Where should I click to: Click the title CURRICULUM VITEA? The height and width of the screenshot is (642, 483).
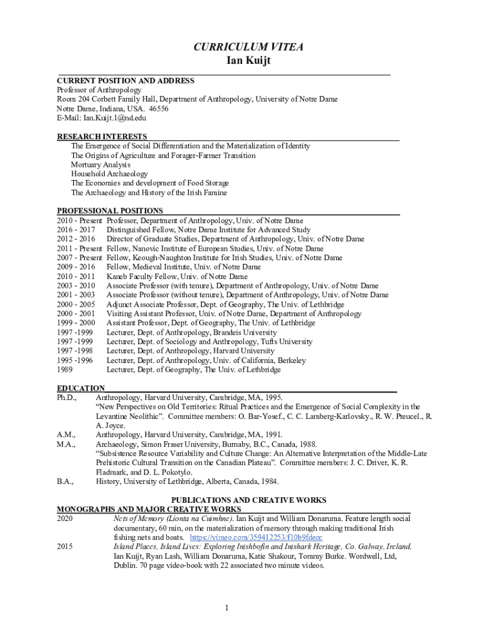coord(242,48)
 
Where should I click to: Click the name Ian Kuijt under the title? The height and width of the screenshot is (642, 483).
coord(242,61)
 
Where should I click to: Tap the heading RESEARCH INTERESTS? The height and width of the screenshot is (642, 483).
coord(102,137)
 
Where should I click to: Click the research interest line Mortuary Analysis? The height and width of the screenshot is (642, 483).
coord(100,165)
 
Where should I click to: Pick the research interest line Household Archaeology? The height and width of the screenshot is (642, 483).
coord(109,174)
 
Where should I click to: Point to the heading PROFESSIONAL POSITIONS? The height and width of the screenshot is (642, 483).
coord(110,211)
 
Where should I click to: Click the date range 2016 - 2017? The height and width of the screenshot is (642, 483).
coord(76,230)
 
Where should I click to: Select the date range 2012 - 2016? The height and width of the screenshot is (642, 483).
coord(76,239)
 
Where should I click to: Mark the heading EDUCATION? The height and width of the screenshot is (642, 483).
coord(81,389)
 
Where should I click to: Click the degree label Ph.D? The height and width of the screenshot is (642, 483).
coord(66,397)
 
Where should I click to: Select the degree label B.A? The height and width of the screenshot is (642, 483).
coord(65,481)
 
